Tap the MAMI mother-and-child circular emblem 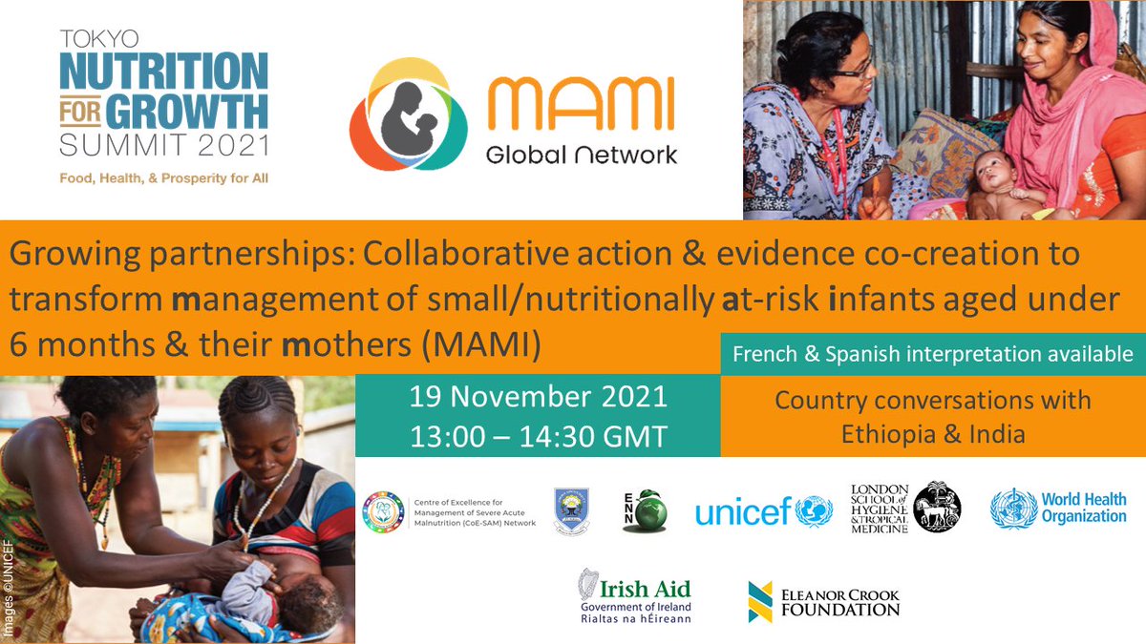[x=408, y=114]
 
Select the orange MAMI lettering [x=581, y=106]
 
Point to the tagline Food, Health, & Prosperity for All [x=164, y=178]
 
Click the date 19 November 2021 [x=538, y=395]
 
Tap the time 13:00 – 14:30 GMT [x=538, y=436]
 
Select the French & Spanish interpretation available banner [x=932, y=354]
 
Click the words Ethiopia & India [x=932, y=434]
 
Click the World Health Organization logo [x=1058, y=508]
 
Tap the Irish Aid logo [x=633, y=596]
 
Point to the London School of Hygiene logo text [x=879, y=508]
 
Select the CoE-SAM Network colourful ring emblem [x=384, y=511]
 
